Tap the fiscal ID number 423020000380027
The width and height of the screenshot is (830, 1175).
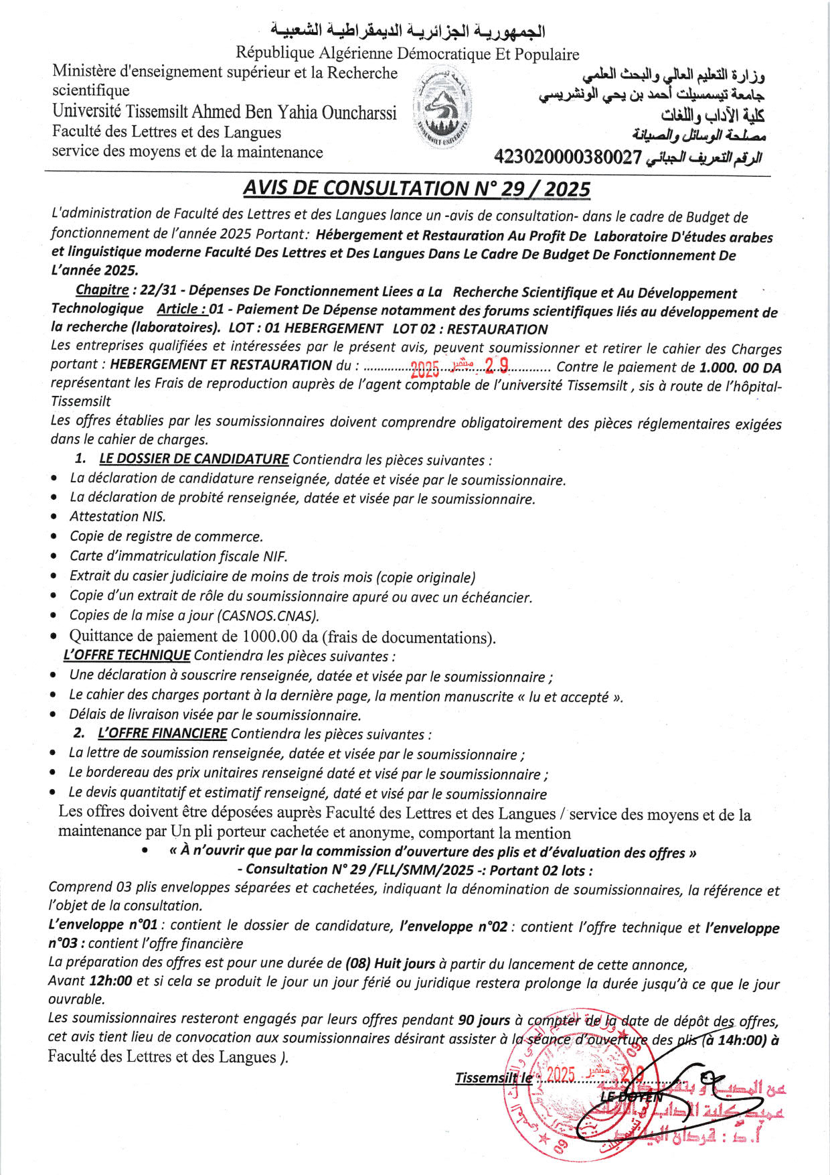568,157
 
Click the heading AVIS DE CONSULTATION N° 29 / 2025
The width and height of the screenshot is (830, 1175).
416,189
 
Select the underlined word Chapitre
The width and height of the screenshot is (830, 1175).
102,290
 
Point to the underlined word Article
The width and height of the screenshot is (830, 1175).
181,309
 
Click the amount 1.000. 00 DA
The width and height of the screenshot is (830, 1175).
740,368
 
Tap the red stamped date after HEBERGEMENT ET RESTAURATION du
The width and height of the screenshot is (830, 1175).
459,366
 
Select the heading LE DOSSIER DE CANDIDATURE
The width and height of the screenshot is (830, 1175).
194,460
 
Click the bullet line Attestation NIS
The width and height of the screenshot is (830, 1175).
118,516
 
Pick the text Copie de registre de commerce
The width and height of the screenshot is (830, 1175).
166,537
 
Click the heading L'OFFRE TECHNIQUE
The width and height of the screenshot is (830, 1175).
127,655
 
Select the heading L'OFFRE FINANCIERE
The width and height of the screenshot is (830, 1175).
162,734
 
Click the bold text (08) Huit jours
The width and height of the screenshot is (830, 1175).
390,964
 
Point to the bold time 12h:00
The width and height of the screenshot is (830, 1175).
110,981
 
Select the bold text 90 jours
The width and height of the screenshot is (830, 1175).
484,1020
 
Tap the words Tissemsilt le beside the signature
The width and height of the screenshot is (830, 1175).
494,1078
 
